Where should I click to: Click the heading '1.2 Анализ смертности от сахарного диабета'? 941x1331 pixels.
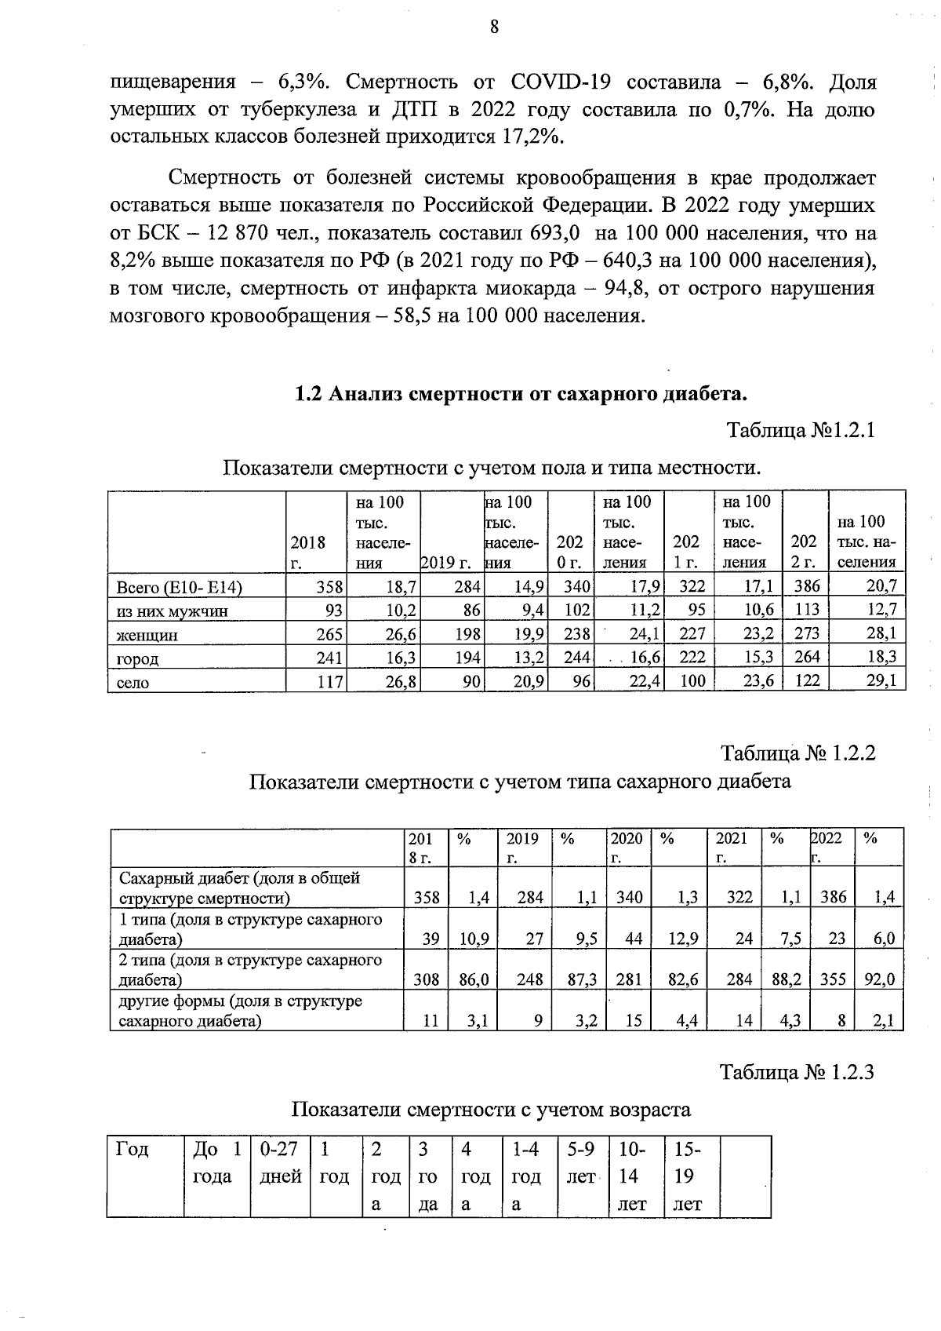pos(520,392)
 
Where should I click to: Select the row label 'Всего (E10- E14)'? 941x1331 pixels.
pos(180,588)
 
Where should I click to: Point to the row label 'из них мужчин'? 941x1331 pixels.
pos(173,611)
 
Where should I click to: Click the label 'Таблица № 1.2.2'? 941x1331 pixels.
pos(797,753)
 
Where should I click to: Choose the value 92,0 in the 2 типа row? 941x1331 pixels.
pos(879,979)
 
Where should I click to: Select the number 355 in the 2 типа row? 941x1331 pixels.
pos(833,979)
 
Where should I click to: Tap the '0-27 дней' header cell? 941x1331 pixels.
pos(279,1162)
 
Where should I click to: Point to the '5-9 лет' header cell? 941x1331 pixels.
pos(581,1162)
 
